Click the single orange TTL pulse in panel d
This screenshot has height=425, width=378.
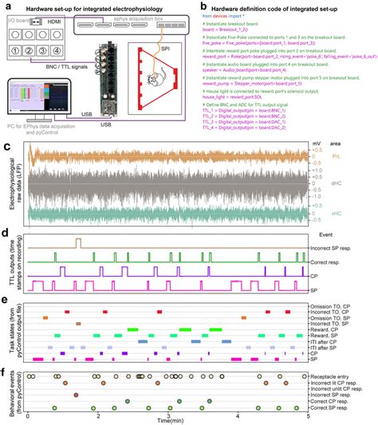77,242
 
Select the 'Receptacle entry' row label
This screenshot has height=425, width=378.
341,376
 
